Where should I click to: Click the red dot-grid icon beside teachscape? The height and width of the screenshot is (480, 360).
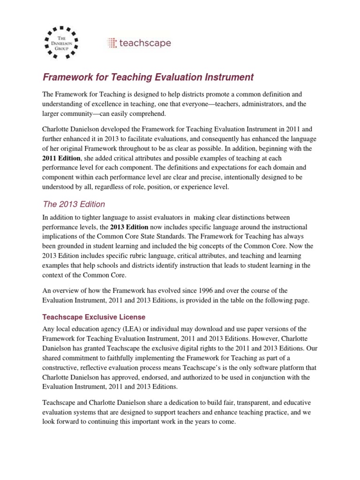point(112,44)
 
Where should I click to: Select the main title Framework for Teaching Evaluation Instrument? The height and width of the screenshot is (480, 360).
point(148,77)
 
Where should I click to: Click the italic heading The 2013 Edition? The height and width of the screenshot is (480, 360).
point(74,204)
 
